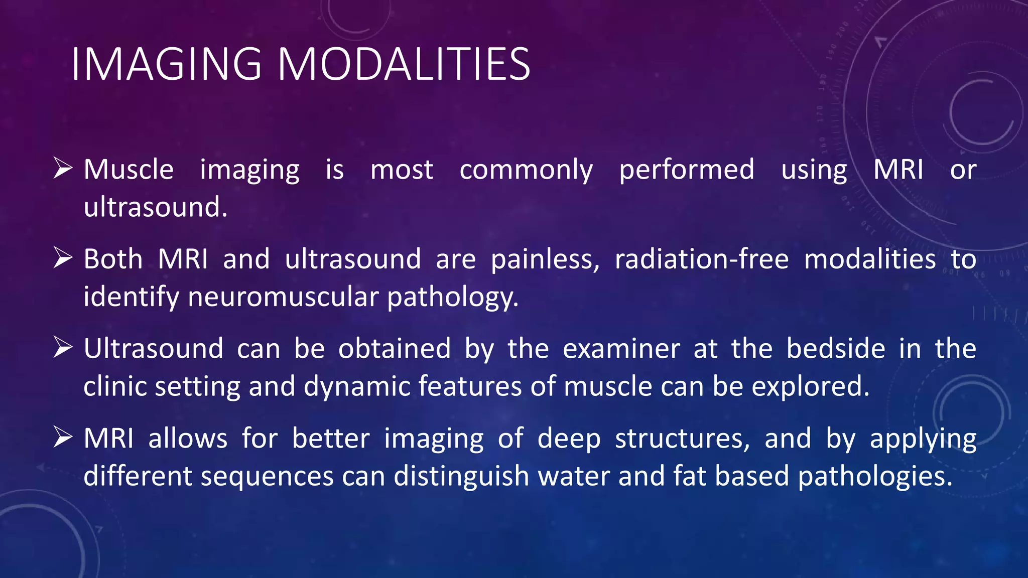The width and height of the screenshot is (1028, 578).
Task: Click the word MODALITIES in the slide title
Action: click(x=404, y=64)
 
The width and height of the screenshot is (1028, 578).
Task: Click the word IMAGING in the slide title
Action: click(x=166, y=64)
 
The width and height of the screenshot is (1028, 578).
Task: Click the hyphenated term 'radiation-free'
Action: click(x=702, y=259)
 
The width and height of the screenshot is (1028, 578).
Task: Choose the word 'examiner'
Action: click(x=621, y=349)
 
